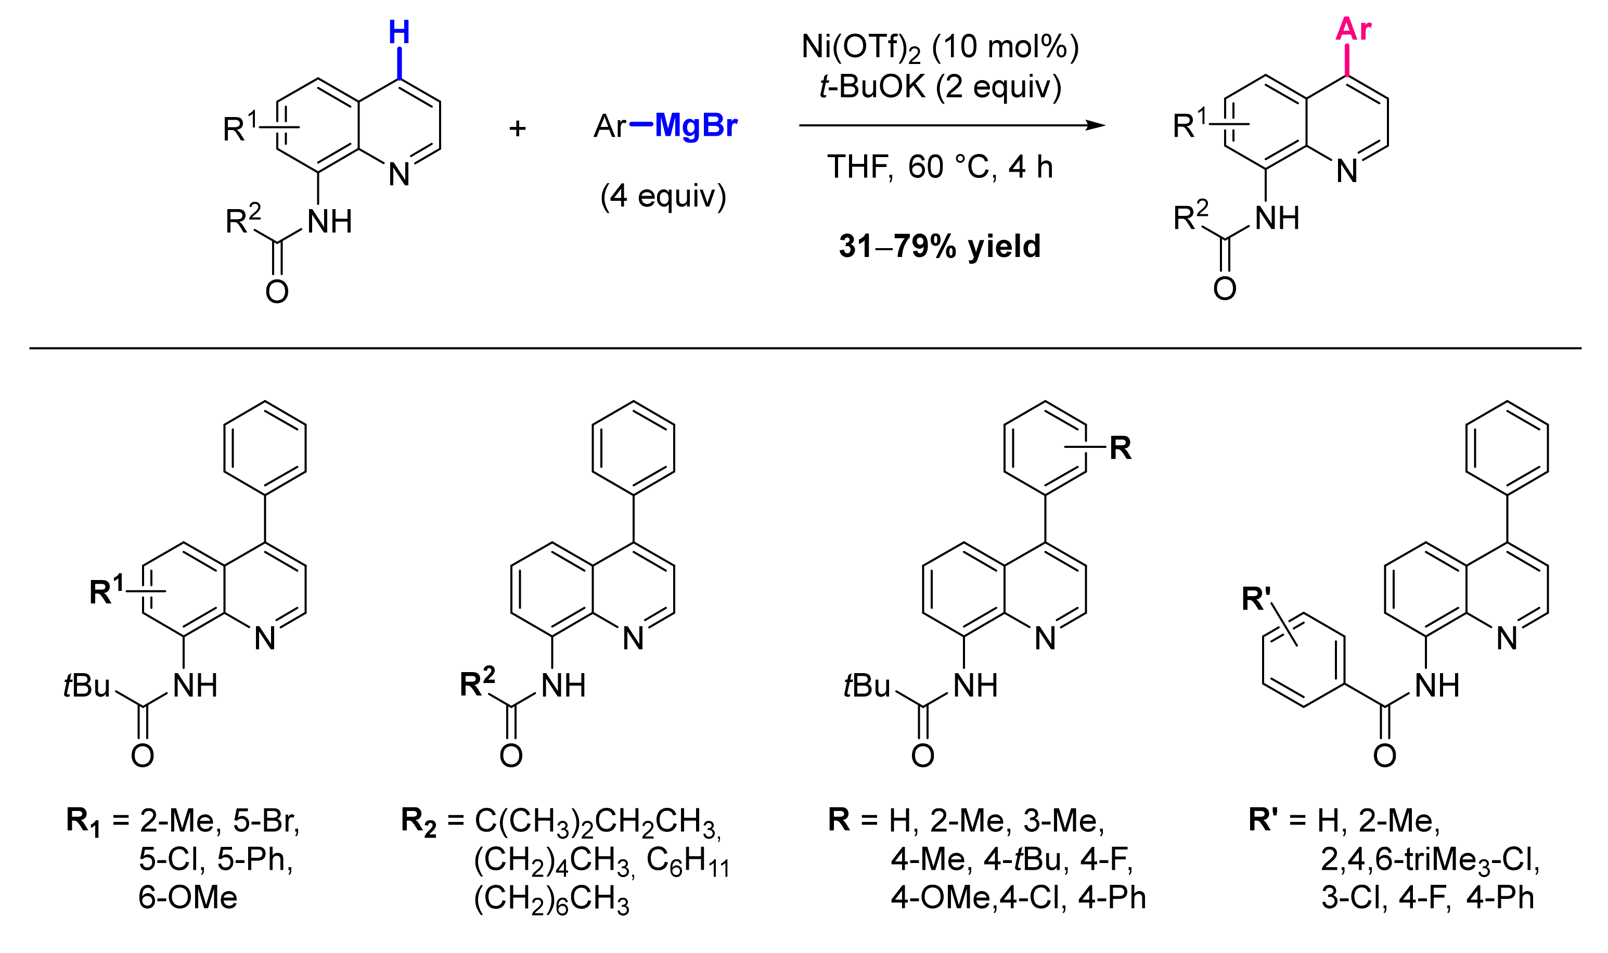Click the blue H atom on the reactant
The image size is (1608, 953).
click(399, 32)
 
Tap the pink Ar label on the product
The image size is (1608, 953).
click(1353, 29)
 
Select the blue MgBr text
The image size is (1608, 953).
click(696, 126)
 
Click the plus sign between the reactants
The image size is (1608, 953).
click(517, 128)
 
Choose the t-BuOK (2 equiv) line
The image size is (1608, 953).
click(940, 87)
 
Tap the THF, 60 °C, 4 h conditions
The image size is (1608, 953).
click(940, 167)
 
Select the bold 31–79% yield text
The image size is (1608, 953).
click(940, 246)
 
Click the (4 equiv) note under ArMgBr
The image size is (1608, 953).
click(663, 196)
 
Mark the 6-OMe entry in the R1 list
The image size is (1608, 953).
click(187, 897)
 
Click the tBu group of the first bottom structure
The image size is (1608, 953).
click(87, 686)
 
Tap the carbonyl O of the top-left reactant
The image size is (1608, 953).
click(277, 291)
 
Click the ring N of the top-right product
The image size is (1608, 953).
click(1347, 171)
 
